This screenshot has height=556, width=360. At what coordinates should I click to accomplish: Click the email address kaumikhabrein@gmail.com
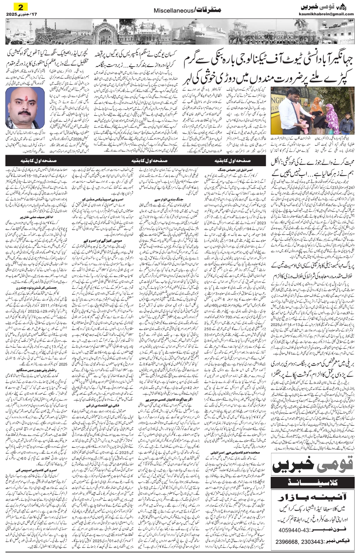(326, 14)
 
